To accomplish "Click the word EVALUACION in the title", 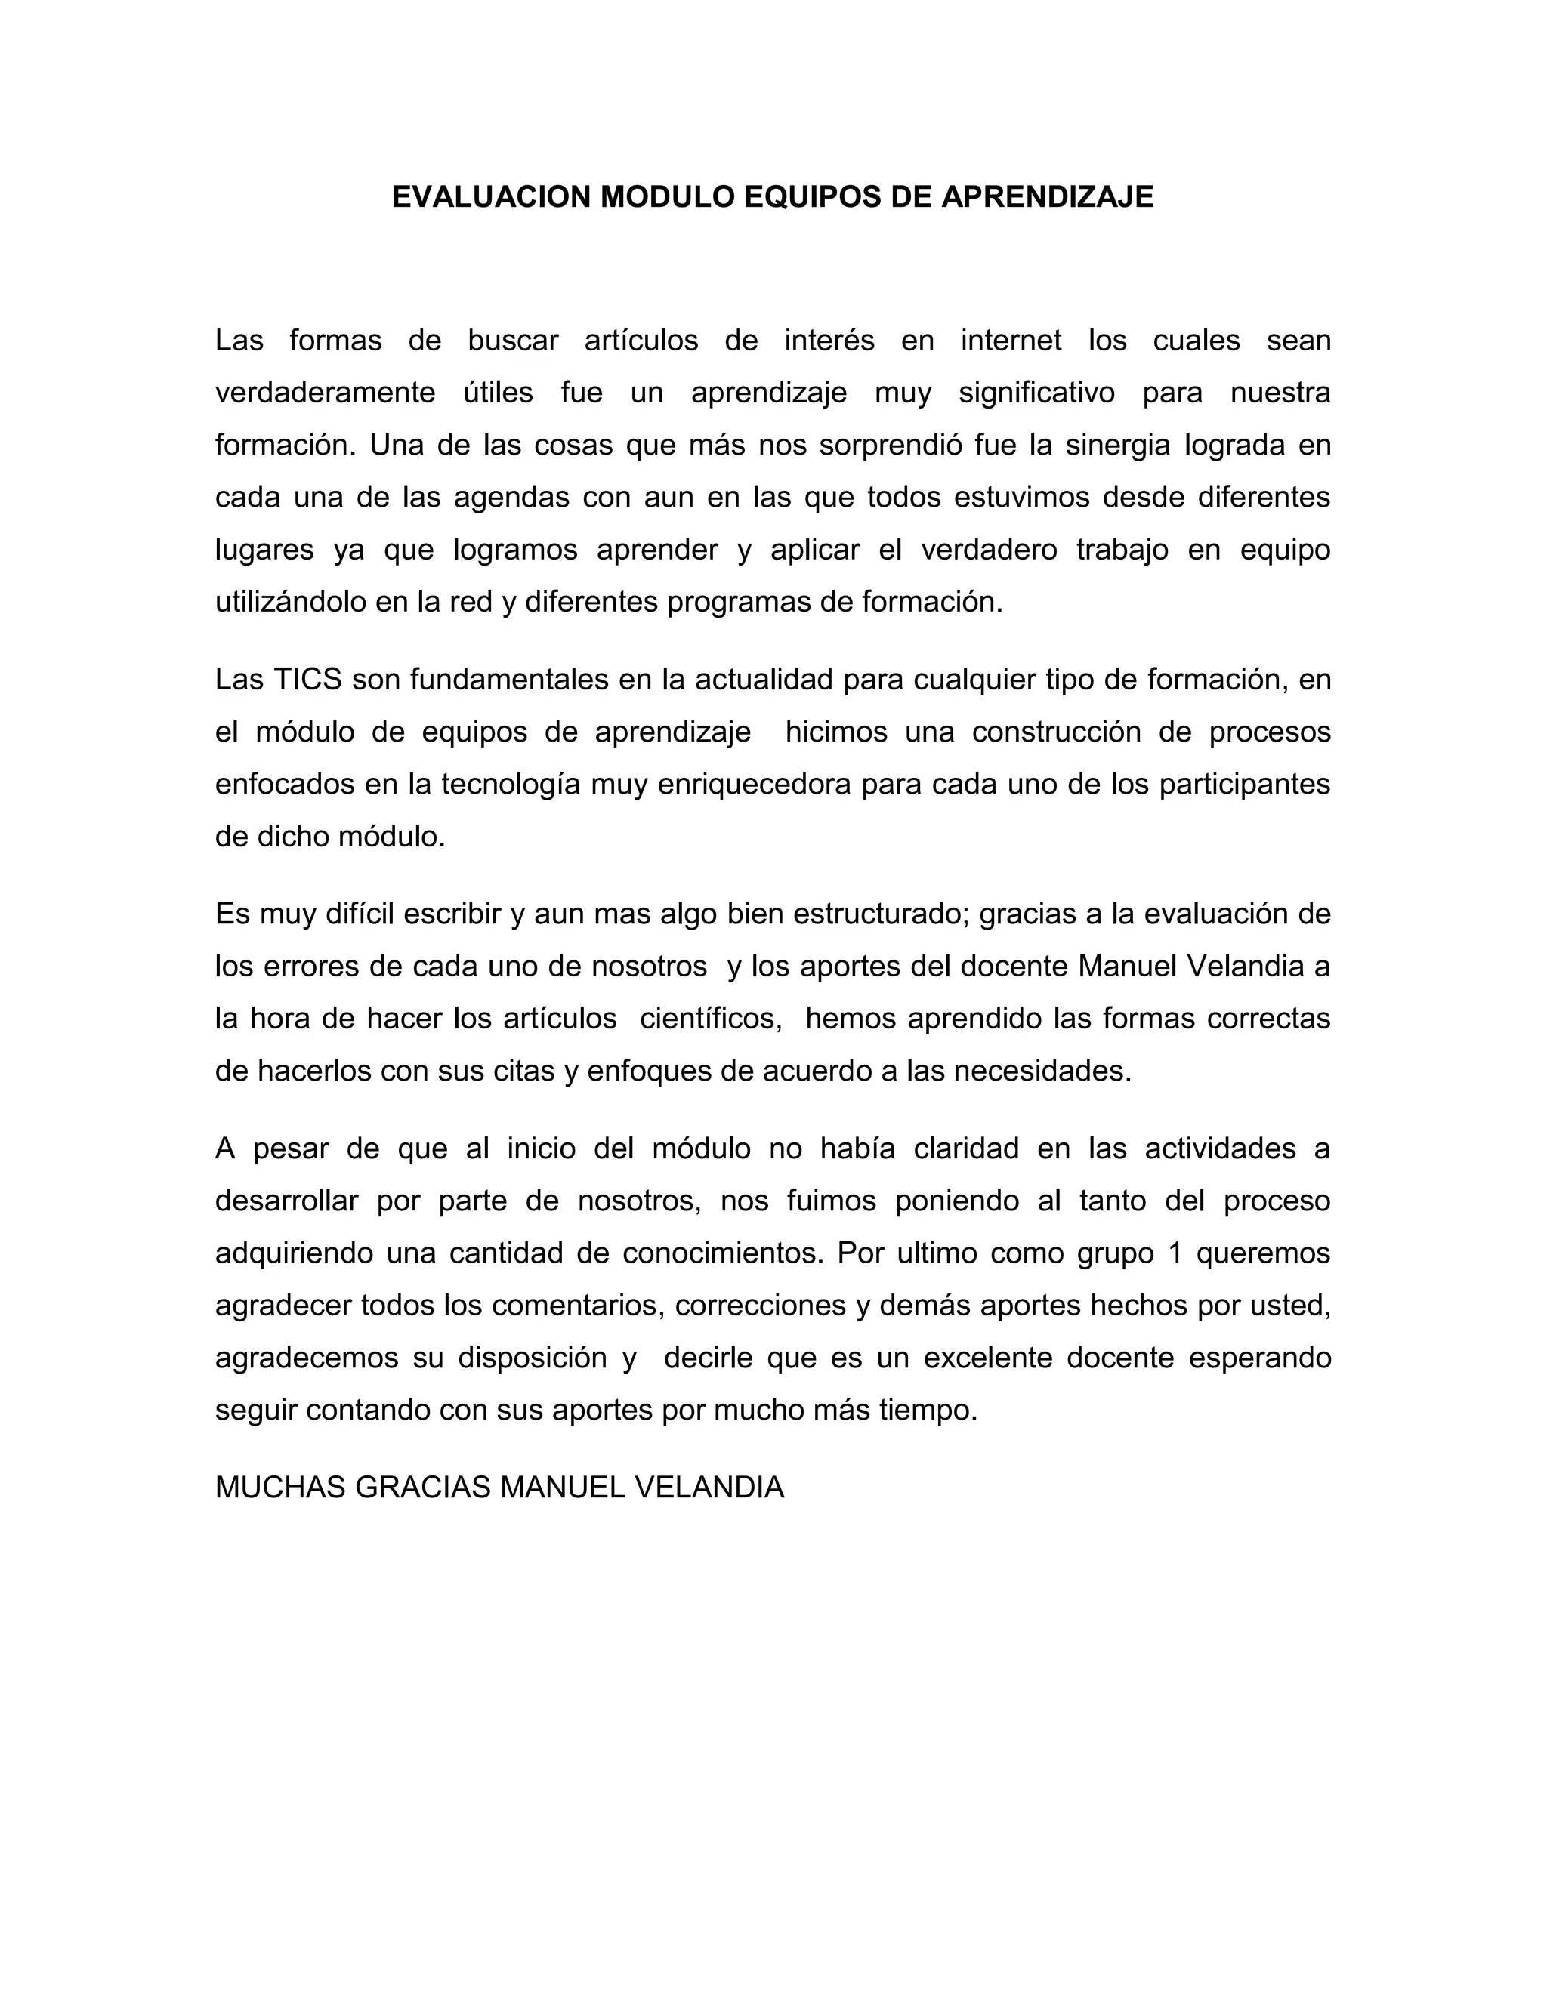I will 491,197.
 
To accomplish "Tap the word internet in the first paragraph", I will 1011,341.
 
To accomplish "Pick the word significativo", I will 1036,393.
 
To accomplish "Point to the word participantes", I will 1243,785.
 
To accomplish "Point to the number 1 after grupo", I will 1177,1253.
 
